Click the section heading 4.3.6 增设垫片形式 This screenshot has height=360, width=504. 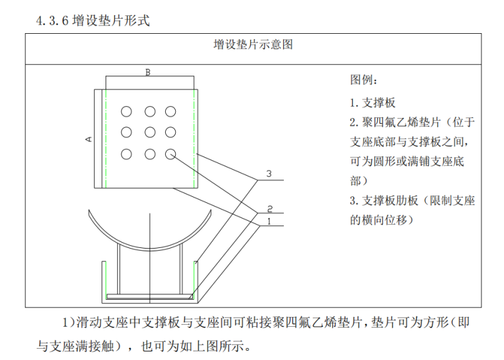pyautogui.click(x=94, y=21)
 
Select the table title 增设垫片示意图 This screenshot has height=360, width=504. pyautogui.click(x=253, y=45)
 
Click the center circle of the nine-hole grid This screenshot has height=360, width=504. pyautogui.click(x=150, y=133)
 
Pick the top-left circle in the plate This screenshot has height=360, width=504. pyautogui.click(x=127, y=111)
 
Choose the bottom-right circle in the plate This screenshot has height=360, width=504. pyautogui.click(x=171, y=154)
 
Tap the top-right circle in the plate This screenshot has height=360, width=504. pyautogui.click(x=171, y=111)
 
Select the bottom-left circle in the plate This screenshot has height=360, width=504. pyautogui.click(x=127, y=154)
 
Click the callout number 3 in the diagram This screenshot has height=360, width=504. pyautogui.click(x=269, y=174)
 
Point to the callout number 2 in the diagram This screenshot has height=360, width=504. pyautogui.click(x=270, y=208)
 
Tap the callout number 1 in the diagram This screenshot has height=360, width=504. pyautogui.click(x=270, y=220)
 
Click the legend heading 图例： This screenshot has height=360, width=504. pyautogui.click(x=364, y=81)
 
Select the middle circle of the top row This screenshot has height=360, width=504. pyautogui.click(x=150, y=111)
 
